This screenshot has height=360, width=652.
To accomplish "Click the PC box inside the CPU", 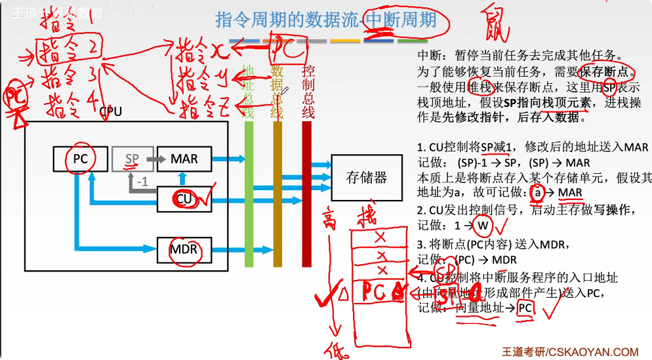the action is [x=80, y=159].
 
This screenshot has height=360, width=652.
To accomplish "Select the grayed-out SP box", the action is [x=132, y=159].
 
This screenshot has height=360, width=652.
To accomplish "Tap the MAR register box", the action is [x=184, y=159].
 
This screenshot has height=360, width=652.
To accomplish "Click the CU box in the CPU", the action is [x=184, y=199].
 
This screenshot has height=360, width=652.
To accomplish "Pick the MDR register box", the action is [x=184, y=249].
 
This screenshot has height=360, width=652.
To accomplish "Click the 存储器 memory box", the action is [x=366, y=177].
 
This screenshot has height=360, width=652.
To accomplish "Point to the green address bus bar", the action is [x=249, y=197].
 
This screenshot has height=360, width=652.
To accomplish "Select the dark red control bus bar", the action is [x=306, y=197].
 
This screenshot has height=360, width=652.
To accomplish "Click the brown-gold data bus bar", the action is [x=277, y=197].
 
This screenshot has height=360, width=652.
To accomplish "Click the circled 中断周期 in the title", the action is [x=401, y=20].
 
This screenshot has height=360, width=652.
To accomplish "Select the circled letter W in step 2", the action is [x=483, y=226].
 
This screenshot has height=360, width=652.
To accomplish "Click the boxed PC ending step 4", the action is [x=525, y=308].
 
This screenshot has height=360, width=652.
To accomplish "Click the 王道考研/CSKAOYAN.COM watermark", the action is [x=570, y=352].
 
